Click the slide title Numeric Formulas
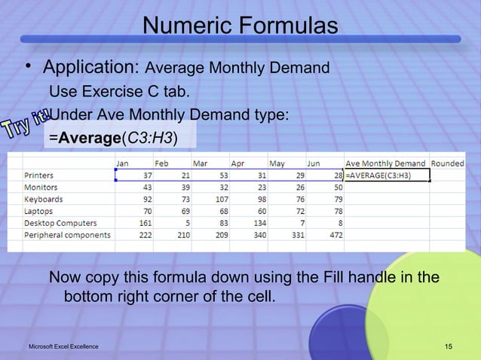[240, 27]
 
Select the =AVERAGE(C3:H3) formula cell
[386, 175]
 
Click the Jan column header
[123, 163]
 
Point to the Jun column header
[313, 163]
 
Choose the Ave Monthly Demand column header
[385, 163]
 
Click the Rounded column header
[447, 163]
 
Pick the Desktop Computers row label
[60, 223]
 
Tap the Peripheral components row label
[67, 235]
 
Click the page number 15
[449, 346]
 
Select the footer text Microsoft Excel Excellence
[63, 346]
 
